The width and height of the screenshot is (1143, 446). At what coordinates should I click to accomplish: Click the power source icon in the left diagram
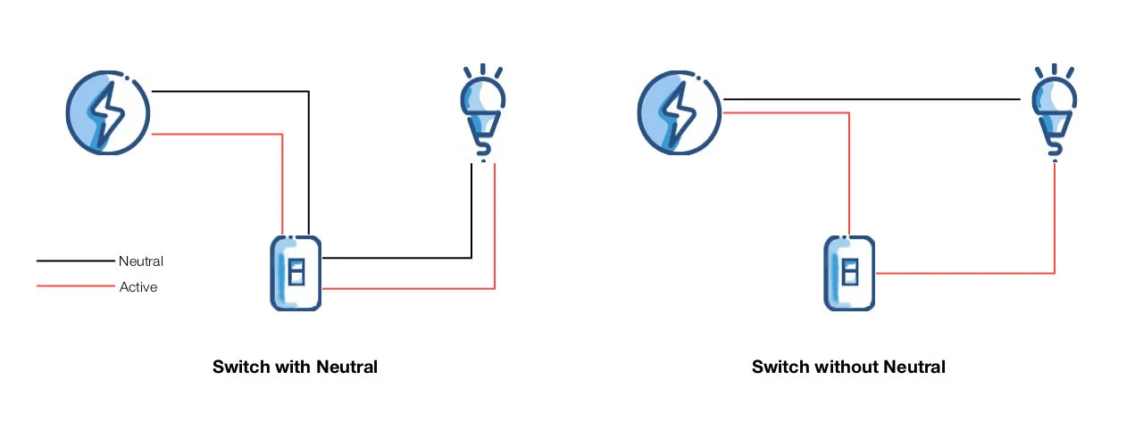point(108,113)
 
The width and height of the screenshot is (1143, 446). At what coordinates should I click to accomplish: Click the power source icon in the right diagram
point(679,113)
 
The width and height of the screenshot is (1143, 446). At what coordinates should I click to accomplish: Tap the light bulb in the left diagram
point(482,111)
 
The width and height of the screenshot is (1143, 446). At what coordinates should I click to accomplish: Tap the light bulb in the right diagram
point(1054,111)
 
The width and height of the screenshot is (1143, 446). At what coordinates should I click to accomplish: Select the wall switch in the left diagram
point(296,273)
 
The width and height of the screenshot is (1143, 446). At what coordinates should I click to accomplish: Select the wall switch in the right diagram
point(849,273)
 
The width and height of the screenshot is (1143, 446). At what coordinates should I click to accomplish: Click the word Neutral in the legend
point(141,261)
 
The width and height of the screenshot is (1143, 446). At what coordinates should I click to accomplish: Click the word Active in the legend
point(138,287)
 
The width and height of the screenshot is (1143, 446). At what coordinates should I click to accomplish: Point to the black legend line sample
point(76,261)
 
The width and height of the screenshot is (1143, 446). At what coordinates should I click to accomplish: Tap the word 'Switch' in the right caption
point(780,367)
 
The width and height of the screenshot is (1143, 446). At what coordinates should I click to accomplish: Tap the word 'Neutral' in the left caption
point(347,367)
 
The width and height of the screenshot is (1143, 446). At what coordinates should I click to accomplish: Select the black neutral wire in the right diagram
point(871,99)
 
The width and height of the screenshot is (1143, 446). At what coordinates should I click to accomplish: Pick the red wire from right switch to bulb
point(964,273)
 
